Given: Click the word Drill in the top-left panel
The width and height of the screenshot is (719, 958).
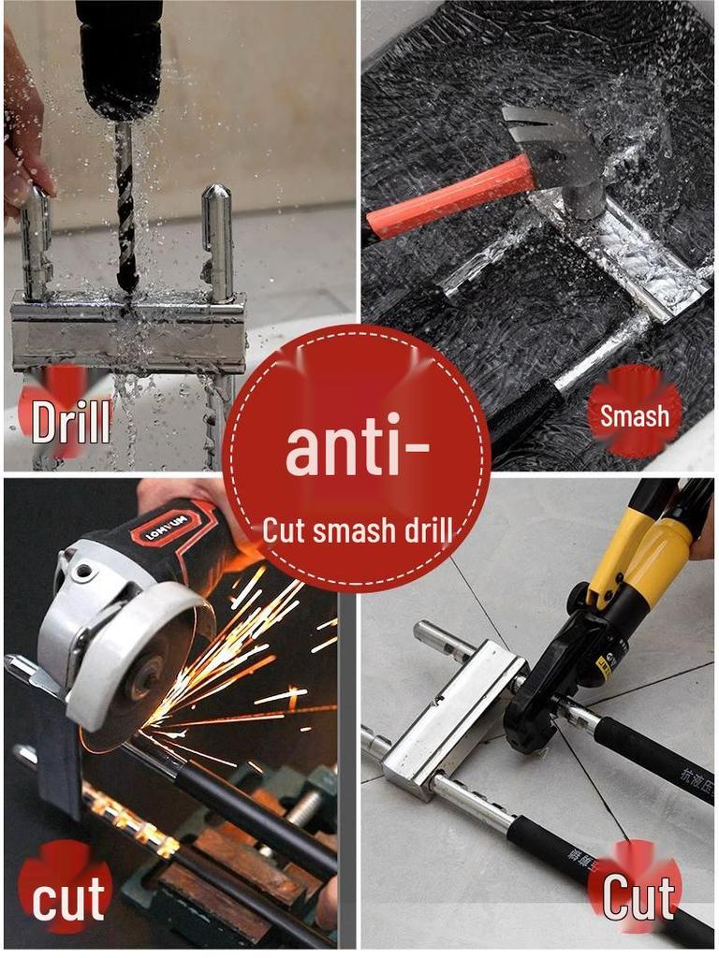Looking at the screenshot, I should (71, 422).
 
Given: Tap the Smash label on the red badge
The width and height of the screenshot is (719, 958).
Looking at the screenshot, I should (635, 415).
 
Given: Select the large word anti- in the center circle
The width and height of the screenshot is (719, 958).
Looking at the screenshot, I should (357, 448).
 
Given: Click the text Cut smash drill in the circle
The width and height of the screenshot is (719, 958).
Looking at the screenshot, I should (357, 531).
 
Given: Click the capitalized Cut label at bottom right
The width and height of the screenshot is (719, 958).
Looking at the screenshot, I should (638, 898).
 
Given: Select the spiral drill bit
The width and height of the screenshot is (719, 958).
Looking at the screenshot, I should (125, 206).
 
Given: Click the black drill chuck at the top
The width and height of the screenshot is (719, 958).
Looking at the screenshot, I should (120, 56).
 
